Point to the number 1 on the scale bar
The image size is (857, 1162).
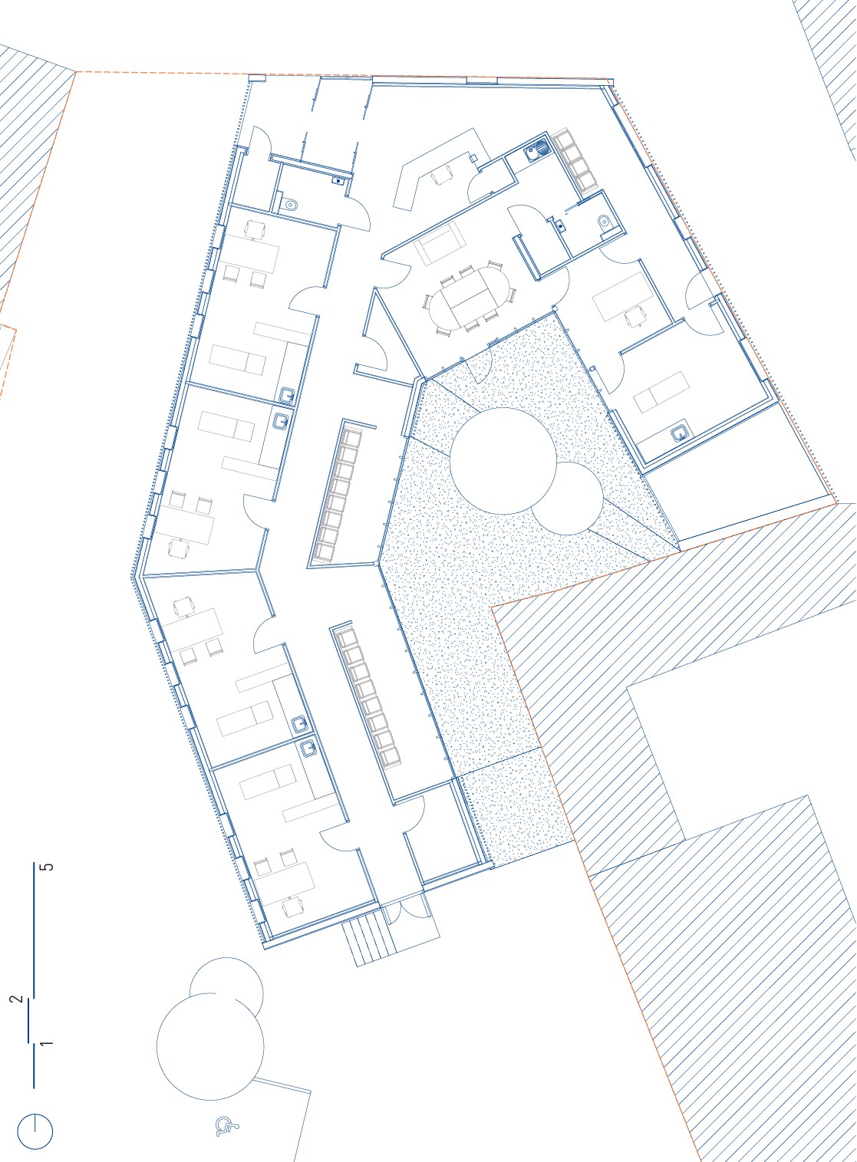[48, 1042]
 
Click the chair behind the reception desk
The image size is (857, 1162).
[442, 177]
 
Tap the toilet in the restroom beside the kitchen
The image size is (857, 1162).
[605, 222]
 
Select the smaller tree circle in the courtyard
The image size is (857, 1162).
[567, 498]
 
